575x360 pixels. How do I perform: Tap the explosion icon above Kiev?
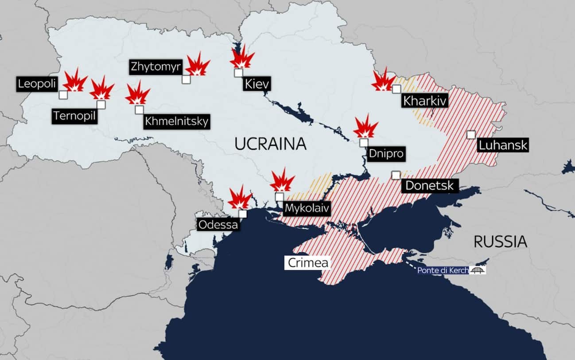point(242,58)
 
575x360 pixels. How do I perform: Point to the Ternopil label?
point(74,116)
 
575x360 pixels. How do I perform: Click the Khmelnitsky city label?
point(176,121)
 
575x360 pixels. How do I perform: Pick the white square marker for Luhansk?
point(471,135)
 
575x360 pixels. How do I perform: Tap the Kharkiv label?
point(424,100)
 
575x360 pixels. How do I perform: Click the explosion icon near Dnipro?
point(365,127)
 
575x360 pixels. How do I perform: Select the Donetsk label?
point(430,185)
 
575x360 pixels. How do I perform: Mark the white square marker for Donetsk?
point(396,175)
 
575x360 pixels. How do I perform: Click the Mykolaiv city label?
point(307,208)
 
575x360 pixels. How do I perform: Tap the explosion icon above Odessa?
point(240,198)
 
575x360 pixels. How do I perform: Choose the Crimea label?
point(308,263)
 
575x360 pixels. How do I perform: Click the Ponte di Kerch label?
point(443,270)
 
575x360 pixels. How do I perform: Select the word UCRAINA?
point(270,144)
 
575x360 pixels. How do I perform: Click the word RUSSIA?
point(500,242)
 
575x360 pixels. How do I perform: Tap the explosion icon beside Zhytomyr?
point(197,65)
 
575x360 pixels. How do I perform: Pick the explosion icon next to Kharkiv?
point(383,80)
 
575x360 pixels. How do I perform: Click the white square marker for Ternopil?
point(101,105)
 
